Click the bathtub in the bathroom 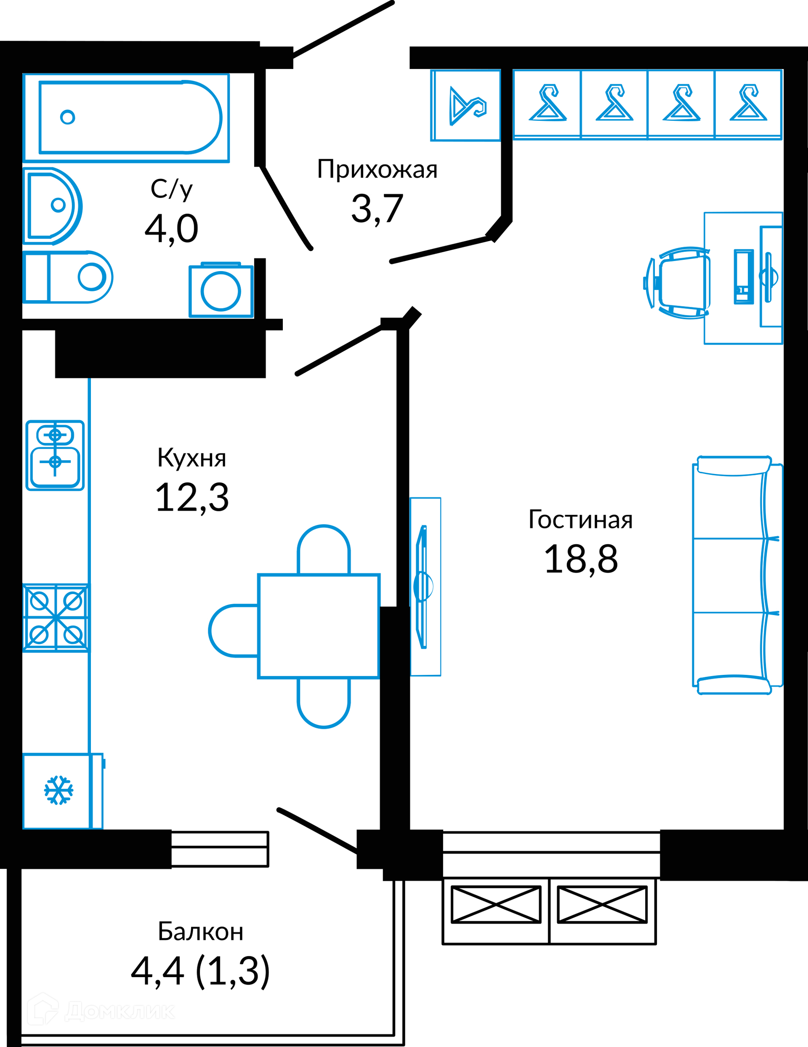[x=129, y=117]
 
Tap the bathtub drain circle [x=68, y=117]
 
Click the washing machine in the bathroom [x=221, y=290]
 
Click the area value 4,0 [x=171, y=229]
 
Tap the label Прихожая [x=377, y=169]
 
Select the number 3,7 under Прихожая [x=377, y=209]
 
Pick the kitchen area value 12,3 [x=192, y=498]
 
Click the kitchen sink [x=55, y=456]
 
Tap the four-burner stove [x=56, y=618]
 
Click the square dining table [x=319, y=626]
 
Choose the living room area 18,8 [x=581, y=559]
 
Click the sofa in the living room [x=736, y=575]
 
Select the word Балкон [x=200, y=932]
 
